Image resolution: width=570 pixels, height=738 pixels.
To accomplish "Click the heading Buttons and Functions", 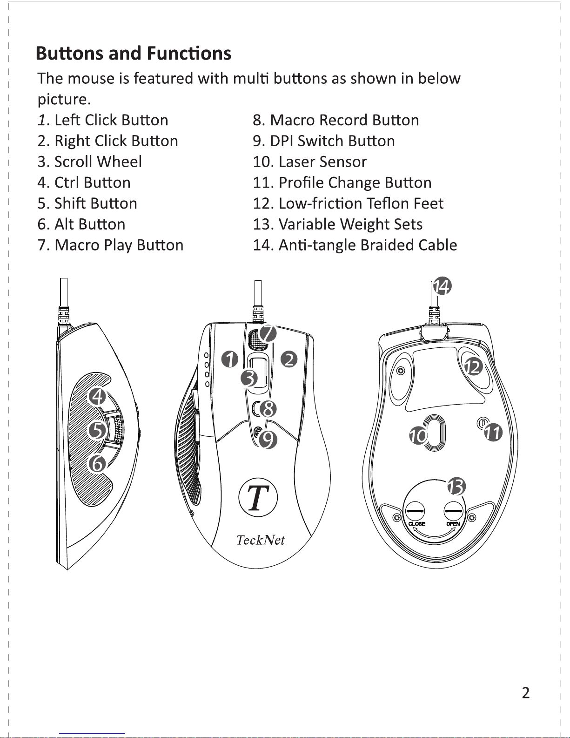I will [134, 54].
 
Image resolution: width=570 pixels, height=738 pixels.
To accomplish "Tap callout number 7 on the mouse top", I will [268, 333].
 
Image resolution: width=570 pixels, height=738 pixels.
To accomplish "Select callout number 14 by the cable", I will [442, 286].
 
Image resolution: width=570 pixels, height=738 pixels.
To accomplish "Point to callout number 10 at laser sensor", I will [419, 436].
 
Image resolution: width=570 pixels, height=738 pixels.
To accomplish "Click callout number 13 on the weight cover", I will [456, 487].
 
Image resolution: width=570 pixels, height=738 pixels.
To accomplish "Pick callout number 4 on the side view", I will [98, 397].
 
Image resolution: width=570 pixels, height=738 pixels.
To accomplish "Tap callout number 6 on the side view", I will [98, 463].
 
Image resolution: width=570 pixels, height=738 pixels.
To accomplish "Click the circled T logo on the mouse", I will [258, 497].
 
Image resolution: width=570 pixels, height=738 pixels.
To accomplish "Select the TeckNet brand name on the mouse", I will [260, 540].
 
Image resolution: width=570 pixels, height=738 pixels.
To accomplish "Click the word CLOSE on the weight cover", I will [416, 524].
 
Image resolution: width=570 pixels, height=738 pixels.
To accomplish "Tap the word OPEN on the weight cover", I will [453, 524].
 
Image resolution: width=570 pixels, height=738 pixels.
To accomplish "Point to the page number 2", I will [525, 693].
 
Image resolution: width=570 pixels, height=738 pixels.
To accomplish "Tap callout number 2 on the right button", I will [289, 359].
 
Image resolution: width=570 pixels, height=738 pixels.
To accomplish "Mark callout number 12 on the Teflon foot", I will [473, 367].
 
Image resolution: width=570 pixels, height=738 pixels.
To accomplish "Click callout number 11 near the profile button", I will [493, 433].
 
